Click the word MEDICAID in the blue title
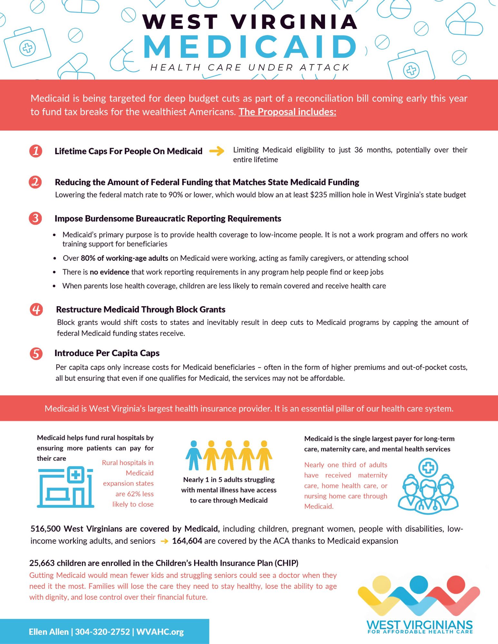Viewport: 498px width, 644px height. (249, 47)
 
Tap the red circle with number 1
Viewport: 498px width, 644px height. (35, 151)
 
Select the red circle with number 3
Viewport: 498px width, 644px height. (35, 218)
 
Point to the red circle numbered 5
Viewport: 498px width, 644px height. (36, 353)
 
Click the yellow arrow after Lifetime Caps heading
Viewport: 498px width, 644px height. (217, 151)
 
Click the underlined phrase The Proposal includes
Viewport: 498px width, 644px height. (287, 112)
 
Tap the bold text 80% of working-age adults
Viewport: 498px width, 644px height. (124, 258)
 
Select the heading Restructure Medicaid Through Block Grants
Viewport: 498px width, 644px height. (141, 309)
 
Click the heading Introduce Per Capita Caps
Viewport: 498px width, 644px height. (107, 353)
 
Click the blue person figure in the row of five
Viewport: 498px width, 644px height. (193, 455)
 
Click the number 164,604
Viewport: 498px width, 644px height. (187, 541)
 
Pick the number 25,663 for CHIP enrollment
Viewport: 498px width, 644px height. (42, 563)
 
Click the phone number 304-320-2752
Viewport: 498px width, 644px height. (103, 632)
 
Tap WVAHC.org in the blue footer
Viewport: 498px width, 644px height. (160, 632)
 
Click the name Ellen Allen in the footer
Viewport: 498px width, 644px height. (49, 632)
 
